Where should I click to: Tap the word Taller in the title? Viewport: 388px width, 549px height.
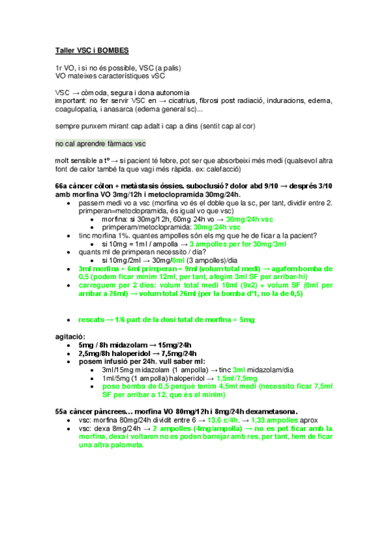pos(65,50)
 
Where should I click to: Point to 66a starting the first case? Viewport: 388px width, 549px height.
pos(62,186)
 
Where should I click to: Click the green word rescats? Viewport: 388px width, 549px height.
pos(91,320)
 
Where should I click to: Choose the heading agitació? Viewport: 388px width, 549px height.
pos(70,337)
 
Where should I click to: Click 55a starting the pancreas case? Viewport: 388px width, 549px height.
pos(62,410)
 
